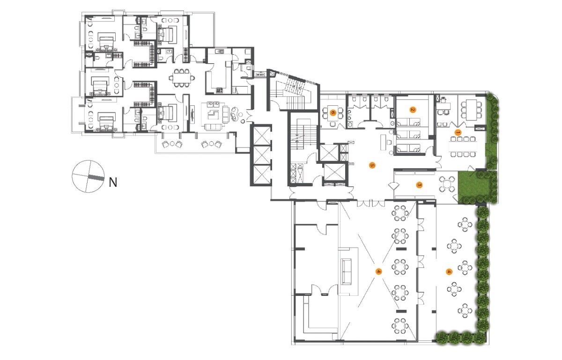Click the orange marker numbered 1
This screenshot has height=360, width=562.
coord(458,132)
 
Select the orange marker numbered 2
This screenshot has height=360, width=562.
coord(413,110)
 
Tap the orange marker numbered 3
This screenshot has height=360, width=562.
coord(420,185)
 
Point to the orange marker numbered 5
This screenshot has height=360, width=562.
coord(372,165)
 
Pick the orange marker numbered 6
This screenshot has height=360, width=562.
coord(333,112)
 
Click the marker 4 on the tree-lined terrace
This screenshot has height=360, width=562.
coord(449,271)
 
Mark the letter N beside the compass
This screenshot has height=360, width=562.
coord(112,182)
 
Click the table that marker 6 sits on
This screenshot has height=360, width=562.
coord(333,113)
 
